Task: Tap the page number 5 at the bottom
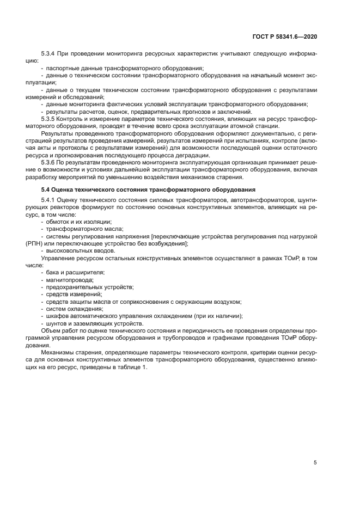click(x=315, y=463)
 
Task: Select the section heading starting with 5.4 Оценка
click(x=144, y=189)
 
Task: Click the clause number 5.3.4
click(x=50, y=54)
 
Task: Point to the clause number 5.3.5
click(x=50, y=118)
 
